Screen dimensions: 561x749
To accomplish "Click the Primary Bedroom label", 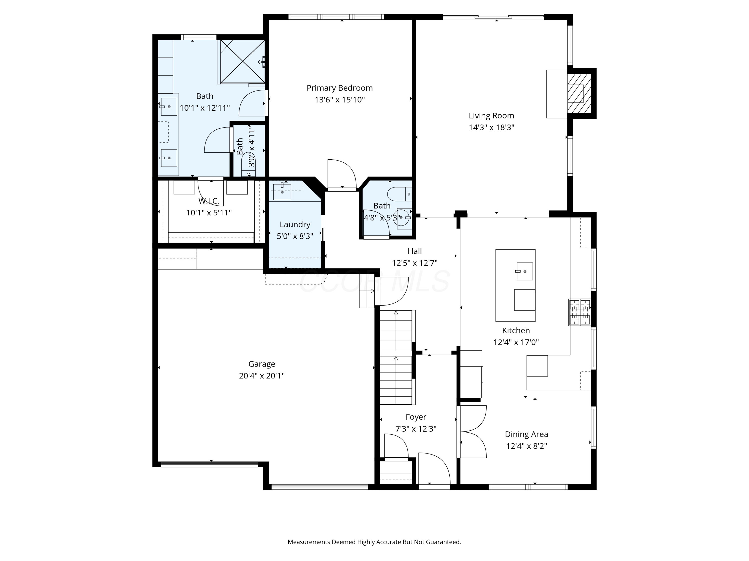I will (339, 88).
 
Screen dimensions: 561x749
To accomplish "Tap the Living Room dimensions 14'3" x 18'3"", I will (491, 127).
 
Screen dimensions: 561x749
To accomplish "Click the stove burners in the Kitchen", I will (580, 312).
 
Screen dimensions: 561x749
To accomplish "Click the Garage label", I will (261, 364).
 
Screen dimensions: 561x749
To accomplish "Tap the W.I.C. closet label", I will (208, 201).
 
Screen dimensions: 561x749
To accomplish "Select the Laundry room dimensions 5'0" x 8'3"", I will (295, 236).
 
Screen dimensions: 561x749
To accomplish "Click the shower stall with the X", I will (242, 61).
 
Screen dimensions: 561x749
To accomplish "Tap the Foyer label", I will (416, 417).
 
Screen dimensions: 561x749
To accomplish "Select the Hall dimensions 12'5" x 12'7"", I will (414, 263).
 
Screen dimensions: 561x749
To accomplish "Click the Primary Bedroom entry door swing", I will (341, 174).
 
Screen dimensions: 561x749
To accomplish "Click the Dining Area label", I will (526, 434).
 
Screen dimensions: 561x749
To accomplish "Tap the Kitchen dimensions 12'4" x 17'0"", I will (516, 342).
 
